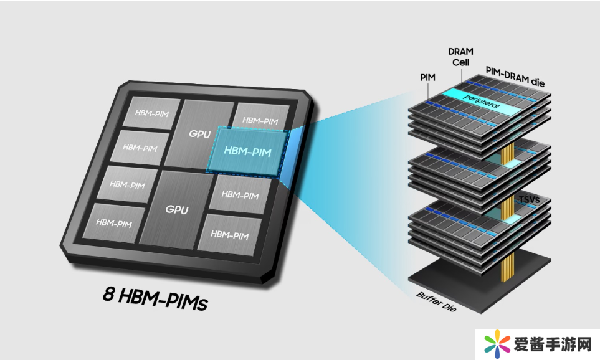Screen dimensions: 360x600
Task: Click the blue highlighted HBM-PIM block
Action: coord(248,150)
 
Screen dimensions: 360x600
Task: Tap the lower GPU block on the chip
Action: coord(176,209)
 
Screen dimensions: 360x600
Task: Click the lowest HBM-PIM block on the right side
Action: coord(229,234)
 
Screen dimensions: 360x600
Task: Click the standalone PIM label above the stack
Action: coord(429,77)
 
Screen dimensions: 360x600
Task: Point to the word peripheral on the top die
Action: coord(480,102)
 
